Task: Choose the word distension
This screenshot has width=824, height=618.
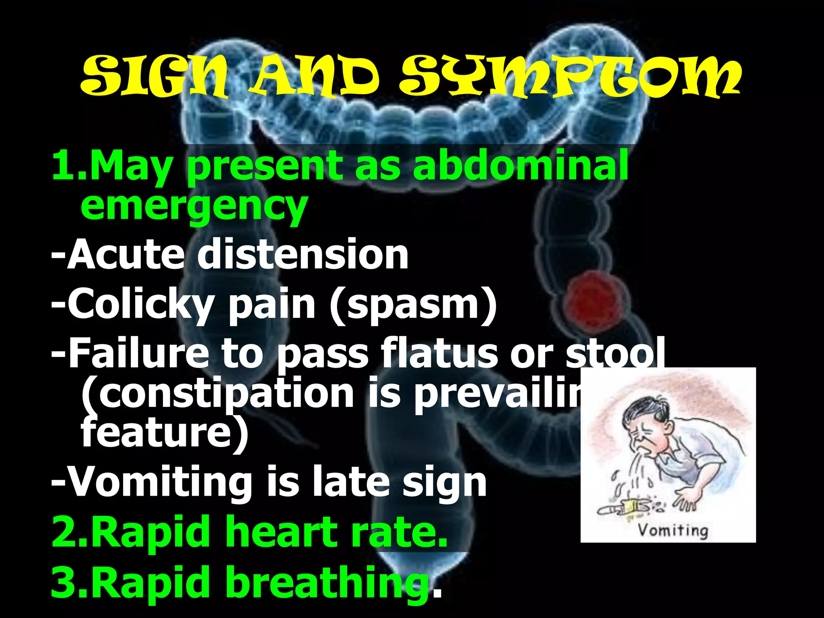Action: [303, 254]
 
